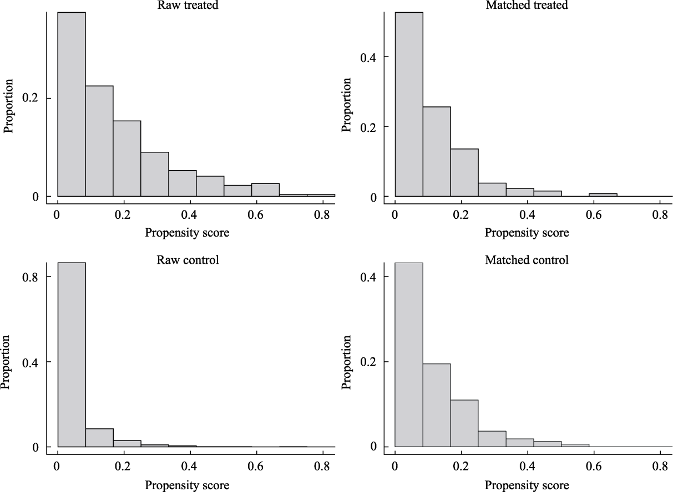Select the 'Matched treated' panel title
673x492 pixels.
pos(527,6)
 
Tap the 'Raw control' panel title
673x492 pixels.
pos(187,259)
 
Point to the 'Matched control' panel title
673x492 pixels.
pos(527,259)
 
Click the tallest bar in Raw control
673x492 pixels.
pos(72,355)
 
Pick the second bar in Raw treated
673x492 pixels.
pos(99,141)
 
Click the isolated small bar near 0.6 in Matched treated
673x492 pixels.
pos(603,195)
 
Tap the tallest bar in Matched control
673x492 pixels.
pos(409,355)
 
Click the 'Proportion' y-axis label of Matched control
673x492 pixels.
pos(347,361)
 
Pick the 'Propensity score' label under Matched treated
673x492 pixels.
pos(527,233)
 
